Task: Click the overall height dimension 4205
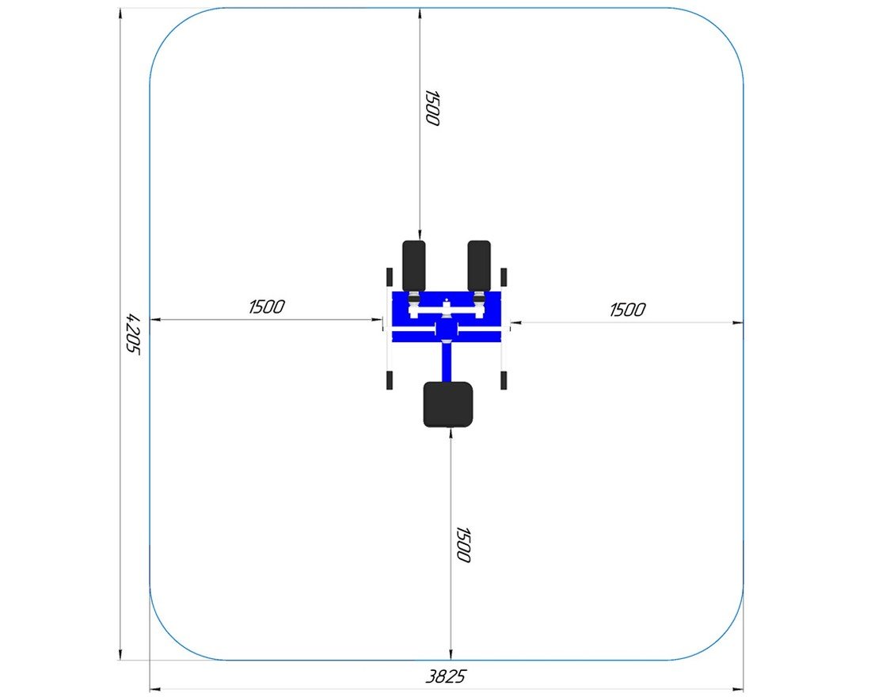point(133,333)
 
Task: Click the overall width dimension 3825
point(446,676)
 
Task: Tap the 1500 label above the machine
point(432,108)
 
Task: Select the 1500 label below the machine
point(462,545)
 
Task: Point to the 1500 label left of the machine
point(267,307)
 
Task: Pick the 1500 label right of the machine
point(628,310)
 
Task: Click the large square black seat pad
point(447,404)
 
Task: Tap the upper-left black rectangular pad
point(414,266)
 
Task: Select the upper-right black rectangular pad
point(479,266)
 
